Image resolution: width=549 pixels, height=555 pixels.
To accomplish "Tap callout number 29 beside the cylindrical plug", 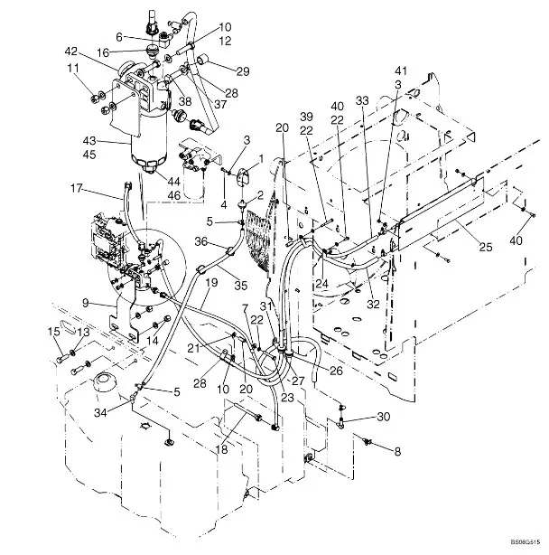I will click(218, 71).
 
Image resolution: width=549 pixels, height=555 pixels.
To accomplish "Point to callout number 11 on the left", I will click(72, 68).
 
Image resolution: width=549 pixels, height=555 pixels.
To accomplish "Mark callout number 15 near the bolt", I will click(55, 333).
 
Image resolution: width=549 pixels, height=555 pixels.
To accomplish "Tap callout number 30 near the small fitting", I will click(384, 417).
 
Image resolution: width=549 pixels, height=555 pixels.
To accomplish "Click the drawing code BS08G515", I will click(523, 541).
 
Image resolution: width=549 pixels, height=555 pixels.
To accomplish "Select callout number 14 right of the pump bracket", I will click(152, 340).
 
